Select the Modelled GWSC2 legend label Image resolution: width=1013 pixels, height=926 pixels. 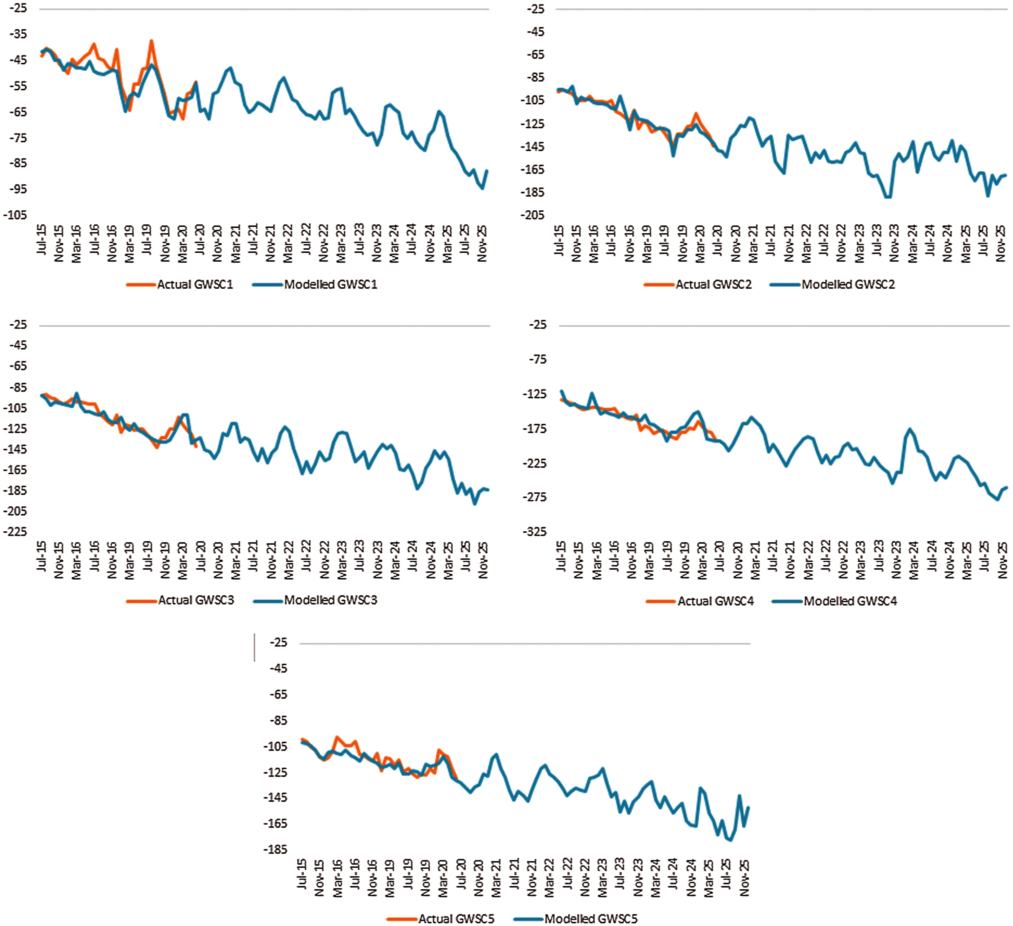pyautogui.click(x=848, y=284)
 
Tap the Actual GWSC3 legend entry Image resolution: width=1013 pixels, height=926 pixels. pyautogui.click(x=196, y=600)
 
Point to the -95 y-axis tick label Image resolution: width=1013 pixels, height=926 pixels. pyautogui.click(x=18, y=189)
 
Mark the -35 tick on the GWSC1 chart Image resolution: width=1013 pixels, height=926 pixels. pyautogui.click(x=18, y=34)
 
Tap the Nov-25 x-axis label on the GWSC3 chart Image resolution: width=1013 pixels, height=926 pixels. pyautogui.click(x=483, y=560)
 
